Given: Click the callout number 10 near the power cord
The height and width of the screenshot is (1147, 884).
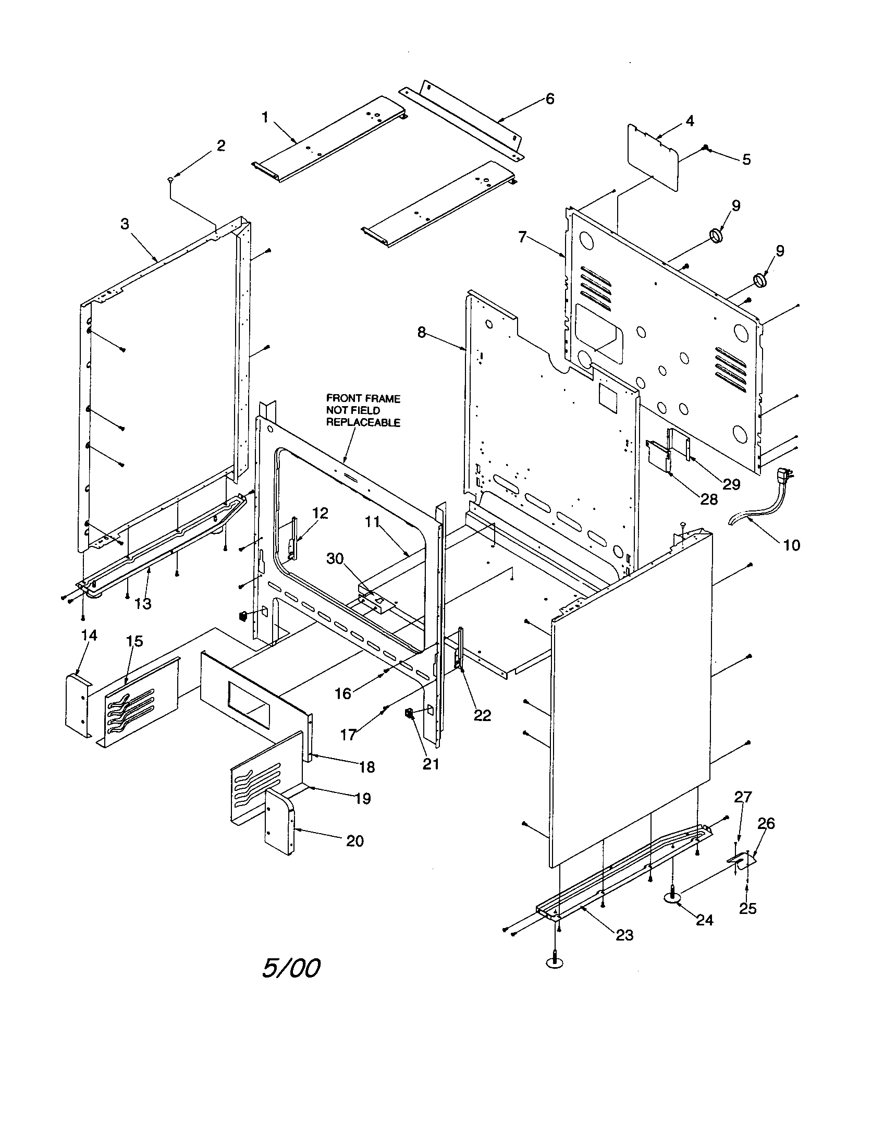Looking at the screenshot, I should (792, 545).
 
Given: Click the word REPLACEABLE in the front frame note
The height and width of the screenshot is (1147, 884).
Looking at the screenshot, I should (363, 423).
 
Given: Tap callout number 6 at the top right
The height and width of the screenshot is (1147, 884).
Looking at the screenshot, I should (549, 98).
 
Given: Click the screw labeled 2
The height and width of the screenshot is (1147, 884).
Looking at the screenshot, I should (170, 180).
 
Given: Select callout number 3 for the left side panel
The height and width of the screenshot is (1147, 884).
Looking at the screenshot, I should (125, 224).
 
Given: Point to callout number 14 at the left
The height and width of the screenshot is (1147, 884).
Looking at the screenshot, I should (89, 636).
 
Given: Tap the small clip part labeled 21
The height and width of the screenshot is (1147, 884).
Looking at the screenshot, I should (408, 713).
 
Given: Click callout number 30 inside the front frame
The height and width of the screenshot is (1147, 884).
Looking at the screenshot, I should (335, 559).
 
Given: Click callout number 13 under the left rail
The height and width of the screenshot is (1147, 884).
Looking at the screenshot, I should (143, 604).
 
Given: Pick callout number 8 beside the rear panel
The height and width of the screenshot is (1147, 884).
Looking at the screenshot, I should (422, 333).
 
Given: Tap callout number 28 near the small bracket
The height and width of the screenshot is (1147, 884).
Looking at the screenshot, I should (709, 499).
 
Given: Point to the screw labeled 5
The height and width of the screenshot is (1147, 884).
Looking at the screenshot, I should (707, 149).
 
